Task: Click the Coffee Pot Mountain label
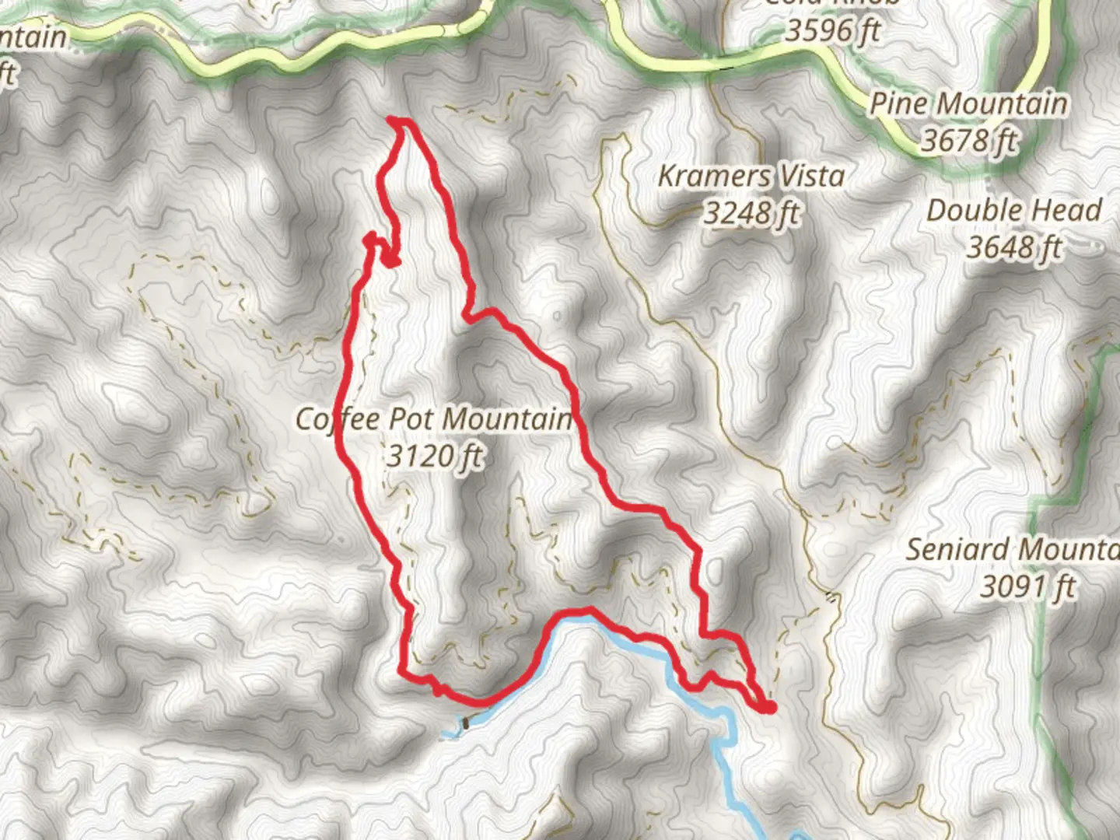pos(434,419)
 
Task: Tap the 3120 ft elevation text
pos(435,455)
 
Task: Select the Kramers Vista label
pos(751,176)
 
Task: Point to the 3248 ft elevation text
pos(751,212)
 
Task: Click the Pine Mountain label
pos(968,103)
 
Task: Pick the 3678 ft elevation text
pos(969,141)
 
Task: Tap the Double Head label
pos(1014,210)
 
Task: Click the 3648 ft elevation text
pos(1014,247)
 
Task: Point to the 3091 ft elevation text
pos(1027,586)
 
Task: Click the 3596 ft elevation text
pos(832,31)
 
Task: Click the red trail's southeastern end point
pos(768,707)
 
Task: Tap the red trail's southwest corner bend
pos(403,669)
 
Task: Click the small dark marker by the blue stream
pos(465,724)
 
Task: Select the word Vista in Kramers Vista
pos(813,176)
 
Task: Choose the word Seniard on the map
pos(957,549)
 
